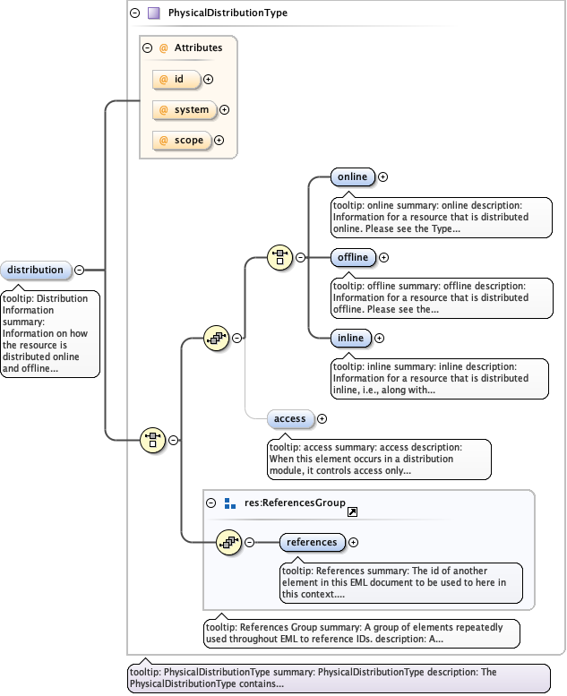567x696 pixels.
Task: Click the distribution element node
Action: [x=36, y=270]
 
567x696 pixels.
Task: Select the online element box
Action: [x=352, y=177]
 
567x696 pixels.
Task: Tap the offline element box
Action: [x=353, y=258]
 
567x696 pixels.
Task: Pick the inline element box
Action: [x=350, y=338]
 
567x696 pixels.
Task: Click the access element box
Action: [x=289, y=418]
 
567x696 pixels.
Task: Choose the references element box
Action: [x=313, y=542]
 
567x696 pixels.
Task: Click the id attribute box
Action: [x=176, y=80]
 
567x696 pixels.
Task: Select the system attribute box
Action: [x=184, y=110]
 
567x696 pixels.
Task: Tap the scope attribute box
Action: [x=181, y=141]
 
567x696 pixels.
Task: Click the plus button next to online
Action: [x=383, y=177]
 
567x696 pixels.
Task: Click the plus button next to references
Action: [x=354, y=542]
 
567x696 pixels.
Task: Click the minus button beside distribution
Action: [x=80, y=270]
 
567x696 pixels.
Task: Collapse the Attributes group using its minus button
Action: [x=149, y=48]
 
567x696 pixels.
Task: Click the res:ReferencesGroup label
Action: [x=295, y=503]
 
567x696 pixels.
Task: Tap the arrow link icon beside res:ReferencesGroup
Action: [x=352, y=511]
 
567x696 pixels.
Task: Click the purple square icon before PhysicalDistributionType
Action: [x=154, y=13]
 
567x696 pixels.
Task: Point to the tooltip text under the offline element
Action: [x=442, y=297]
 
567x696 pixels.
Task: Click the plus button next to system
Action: [x=225, y=110]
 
